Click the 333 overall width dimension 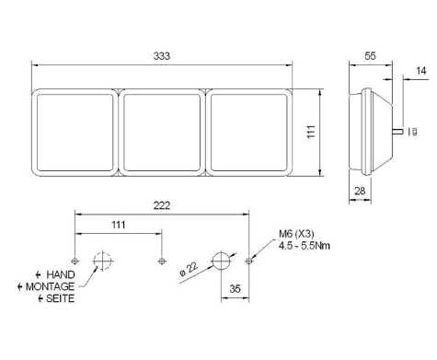point(162,55)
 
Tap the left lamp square point(75,132)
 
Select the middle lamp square point(162,132)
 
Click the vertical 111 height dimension point(313,133)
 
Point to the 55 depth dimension point(370,55)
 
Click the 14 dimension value point(420,70)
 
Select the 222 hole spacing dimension point(163,205)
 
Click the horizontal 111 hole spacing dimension point(118,225)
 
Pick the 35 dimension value point(236,288)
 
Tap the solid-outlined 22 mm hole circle point(221,261)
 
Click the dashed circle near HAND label point(102,261)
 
